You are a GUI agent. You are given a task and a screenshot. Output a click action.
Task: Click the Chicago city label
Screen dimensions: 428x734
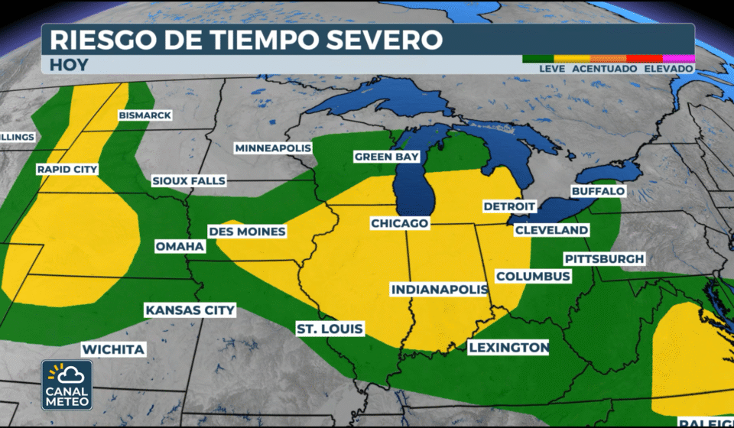pos(398,223)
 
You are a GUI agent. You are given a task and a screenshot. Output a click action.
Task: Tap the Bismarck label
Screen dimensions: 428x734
pos(145,115)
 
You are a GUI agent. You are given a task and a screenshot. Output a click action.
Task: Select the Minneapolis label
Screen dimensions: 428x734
pos(273,148)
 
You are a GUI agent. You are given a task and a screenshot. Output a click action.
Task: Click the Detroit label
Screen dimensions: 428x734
pos(509,207)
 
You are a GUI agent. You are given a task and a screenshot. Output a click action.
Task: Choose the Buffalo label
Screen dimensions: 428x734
pos(598,191)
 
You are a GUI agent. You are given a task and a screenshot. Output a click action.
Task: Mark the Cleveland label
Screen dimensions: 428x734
pos(551,230)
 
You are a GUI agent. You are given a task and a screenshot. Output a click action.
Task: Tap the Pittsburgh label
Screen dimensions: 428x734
pos(604,259)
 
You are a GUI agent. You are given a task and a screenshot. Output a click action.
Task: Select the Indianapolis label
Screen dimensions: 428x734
pos(440,290)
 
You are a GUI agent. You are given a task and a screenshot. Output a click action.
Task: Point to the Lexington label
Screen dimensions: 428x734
pos(508,348)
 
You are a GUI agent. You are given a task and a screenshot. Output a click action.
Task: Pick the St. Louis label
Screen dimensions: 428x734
pos(330,329)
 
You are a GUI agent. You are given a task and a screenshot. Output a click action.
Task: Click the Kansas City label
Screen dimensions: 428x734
pos(190,310)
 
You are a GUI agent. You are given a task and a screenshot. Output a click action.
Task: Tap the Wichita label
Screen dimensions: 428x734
pos(112,349)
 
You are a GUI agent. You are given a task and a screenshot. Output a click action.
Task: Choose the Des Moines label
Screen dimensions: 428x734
pos(247,232)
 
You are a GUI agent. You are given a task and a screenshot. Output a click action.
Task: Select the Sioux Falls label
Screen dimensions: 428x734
pos(188,181)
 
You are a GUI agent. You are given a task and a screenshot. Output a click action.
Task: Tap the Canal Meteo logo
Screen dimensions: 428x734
pos(67,384)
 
